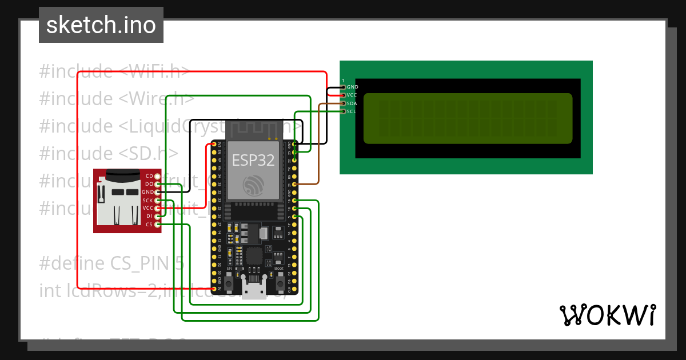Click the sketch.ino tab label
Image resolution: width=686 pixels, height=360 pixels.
pyautogui.click(x=101, y=25)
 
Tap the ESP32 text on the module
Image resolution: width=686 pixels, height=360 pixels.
pyautogui.click(x=253, y=160)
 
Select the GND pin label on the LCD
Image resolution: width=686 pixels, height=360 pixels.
pyautogui.click(x=352, y=87)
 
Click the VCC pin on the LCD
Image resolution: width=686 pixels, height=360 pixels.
pyautogui.click(x=344, y=95)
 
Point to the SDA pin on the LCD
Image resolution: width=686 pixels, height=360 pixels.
pyautogui.click(x=344, y=103)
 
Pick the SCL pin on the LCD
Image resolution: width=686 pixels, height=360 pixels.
pyautogui.click(x=344, y=111)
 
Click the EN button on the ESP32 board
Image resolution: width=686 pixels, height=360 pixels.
pyautogui.click(x=229, y=282)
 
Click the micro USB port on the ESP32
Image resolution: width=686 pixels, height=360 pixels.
pyautogui.click(x=254, y=291)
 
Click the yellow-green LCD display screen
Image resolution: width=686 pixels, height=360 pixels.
pyautogui.click(x=468, y=118)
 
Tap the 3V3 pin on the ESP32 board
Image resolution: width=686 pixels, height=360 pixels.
pyautogui.click(x=214, y=145)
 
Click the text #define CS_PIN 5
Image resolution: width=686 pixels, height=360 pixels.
pyautogui.click(x=111, y=263)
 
